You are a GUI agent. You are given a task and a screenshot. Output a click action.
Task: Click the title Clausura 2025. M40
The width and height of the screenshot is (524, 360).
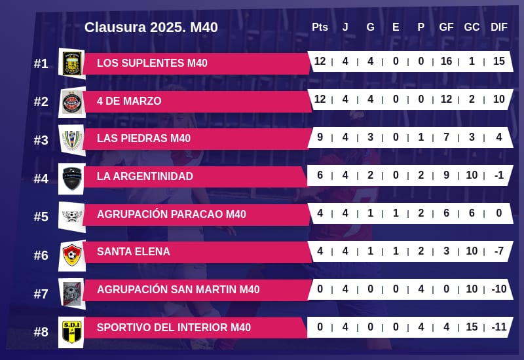(151, 27)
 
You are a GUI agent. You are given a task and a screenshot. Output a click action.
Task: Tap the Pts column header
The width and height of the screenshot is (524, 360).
(320, 27)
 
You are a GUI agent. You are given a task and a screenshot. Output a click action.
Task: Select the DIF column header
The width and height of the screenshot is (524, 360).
(499, 27)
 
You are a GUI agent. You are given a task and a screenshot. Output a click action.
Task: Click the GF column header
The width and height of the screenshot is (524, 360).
(446, 27)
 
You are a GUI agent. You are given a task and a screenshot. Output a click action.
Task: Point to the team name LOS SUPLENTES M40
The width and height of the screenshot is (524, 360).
(152, 63)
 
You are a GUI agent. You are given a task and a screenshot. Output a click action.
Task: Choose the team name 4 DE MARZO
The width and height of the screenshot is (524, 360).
(129, 101)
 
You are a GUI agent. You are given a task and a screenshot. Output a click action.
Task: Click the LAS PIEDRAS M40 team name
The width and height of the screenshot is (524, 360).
(143, 138)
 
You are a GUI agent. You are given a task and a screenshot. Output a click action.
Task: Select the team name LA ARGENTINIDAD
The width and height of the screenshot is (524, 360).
(145, 176)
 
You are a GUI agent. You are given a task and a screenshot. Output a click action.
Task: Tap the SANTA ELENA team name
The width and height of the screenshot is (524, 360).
(133, 251)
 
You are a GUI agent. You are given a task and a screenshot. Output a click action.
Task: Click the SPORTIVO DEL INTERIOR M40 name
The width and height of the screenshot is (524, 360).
(174, 327)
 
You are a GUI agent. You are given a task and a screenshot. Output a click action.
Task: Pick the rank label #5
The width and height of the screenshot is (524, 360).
(41, 217)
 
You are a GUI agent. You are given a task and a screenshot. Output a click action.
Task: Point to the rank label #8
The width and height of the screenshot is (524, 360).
(41, 332)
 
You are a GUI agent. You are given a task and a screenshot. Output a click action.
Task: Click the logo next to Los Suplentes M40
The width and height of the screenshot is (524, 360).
(71, 63)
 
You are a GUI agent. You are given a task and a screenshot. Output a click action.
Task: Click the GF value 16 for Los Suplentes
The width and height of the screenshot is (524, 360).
(446, 62)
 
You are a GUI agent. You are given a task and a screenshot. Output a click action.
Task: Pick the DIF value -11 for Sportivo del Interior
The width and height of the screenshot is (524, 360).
(499, 327)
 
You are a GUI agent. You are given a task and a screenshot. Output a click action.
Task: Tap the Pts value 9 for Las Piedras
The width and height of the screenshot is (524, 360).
(320, 138)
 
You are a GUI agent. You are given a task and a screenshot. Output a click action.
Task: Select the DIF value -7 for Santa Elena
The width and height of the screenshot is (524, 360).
(499, 251)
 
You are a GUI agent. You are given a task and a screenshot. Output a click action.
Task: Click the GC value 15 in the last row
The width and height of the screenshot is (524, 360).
(472, 327)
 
